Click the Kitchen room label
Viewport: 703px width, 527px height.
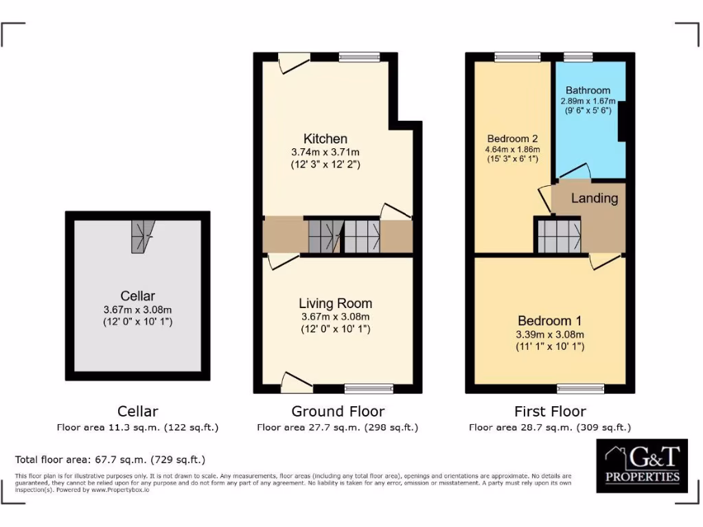[326, 139]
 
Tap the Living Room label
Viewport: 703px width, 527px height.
[335, 303]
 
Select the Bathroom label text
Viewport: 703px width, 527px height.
[588, 90]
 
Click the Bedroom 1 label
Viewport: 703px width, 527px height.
[549, 320]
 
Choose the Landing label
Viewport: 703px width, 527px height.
[595, 198]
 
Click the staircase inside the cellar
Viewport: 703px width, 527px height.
[143, 236]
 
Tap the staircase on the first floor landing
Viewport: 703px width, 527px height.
[558, 235]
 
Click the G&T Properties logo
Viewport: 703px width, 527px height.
[641, 465]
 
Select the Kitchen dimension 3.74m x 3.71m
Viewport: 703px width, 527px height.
[326, 152]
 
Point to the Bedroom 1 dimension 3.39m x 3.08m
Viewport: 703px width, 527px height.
[549, 335]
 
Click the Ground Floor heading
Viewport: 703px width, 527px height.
[338, 412]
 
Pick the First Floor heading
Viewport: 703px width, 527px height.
[550, 412]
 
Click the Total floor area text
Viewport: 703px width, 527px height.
[111, 460]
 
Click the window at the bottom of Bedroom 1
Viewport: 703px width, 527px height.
[580, 388]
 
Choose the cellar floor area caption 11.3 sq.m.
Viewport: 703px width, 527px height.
[138, 428]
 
